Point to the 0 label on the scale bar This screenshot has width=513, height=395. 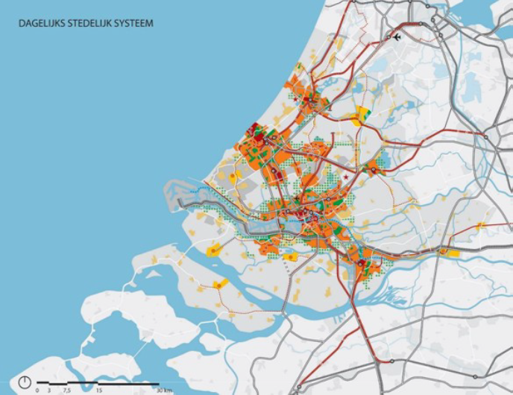[x=37, y=390]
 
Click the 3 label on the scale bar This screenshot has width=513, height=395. [x=48, y=390]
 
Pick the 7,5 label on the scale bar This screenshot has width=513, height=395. [x=66, y=390]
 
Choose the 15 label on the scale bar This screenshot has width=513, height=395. [x=98, y=390]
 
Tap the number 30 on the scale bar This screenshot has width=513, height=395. [x=159, y=390]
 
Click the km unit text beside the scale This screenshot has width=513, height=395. [x=169, y=390]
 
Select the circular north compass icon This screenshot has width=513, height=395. [x=25, y=382]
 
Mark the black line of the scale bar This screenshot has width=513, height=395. [x=97, y=383]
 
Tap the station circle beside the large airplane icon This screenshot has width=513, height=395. [x=387, y=36]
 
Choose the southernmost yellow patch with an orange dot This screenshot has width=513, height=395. [x=220, y=284]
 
